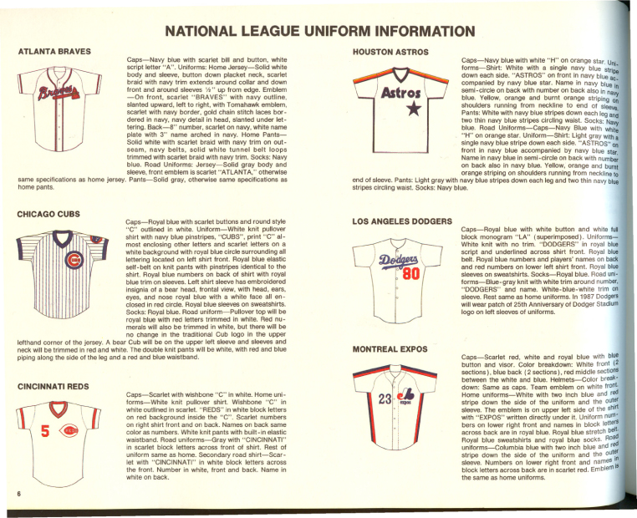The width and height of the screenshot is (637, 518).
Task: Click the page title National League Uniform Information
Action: (320, 31)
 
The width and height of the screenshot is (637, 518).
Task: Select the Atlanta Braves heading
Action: (54, 52)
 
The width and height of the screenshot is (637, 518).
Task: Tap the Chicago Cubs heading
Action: (48, 214)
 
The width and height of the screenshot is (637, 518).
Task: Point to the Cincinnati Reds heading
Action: (54, 387)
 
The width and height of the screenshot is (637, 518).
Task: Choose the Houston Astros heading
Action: (390, 52)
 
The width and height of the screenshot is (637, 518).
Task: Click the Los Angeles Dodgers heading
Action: (402, 221)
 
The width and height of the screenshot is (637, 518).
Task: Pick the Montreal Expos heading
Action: (390, 349)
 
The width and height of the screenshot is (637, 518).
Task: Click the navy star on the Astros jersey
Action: (414, 109)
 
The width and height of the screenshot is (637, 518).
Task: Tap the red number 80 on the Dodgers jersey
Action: (410, 274)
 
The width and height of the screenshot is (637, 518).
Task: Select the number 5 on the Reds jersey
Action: (45, 431)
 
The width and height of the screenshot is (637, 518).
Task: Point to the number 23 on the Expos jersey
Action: (385, 399)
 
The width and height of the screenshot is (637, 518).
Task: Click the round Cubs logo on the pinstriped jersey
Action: (74, 260)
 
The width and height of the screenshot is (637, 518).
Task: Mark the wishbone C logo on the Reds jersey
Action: (69, 430)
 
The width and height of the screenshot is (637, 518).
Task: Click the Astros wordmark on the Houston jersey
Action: (400, 93)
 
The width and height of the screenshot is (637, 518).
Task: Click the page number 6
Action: (18, 494)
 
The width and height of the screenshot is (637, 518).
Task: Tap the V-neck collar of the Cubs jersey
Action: (62, 238)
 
